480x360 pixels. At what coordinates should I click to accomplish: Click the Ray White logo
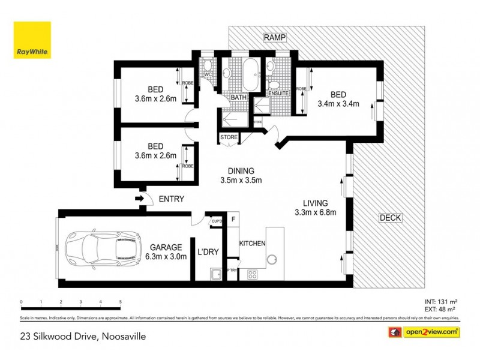33,40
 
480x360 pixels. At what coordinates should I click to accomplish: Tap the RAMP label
274,38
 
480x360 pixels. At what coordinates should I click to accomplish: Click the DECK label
390,218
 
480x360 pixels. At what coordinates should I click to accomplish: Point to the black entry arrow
139,199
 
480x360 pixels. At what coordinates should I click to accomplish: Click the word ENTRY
171,199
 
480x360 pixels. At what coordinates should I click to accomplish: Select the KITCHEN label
253,244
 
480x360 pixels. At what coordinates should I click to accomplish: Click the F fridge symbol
233,220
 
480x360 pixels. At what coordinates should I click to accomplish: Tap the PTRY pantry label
232,271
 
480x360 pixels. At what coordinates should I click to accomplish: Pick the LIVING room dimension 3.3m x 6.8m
315,212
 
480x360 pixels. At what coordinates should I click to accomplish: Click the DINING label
241,170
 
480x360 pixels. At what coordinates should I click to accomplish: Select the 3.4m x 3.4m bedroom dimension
338,103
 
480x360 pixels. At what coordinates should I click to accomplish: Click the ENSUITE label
278,94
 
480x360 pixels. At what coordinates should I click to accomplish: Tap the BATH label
238,97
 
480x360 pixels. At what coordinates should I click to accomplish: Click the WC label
208,74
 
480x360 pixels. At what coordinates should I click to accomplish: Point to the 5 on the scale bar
121,302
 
